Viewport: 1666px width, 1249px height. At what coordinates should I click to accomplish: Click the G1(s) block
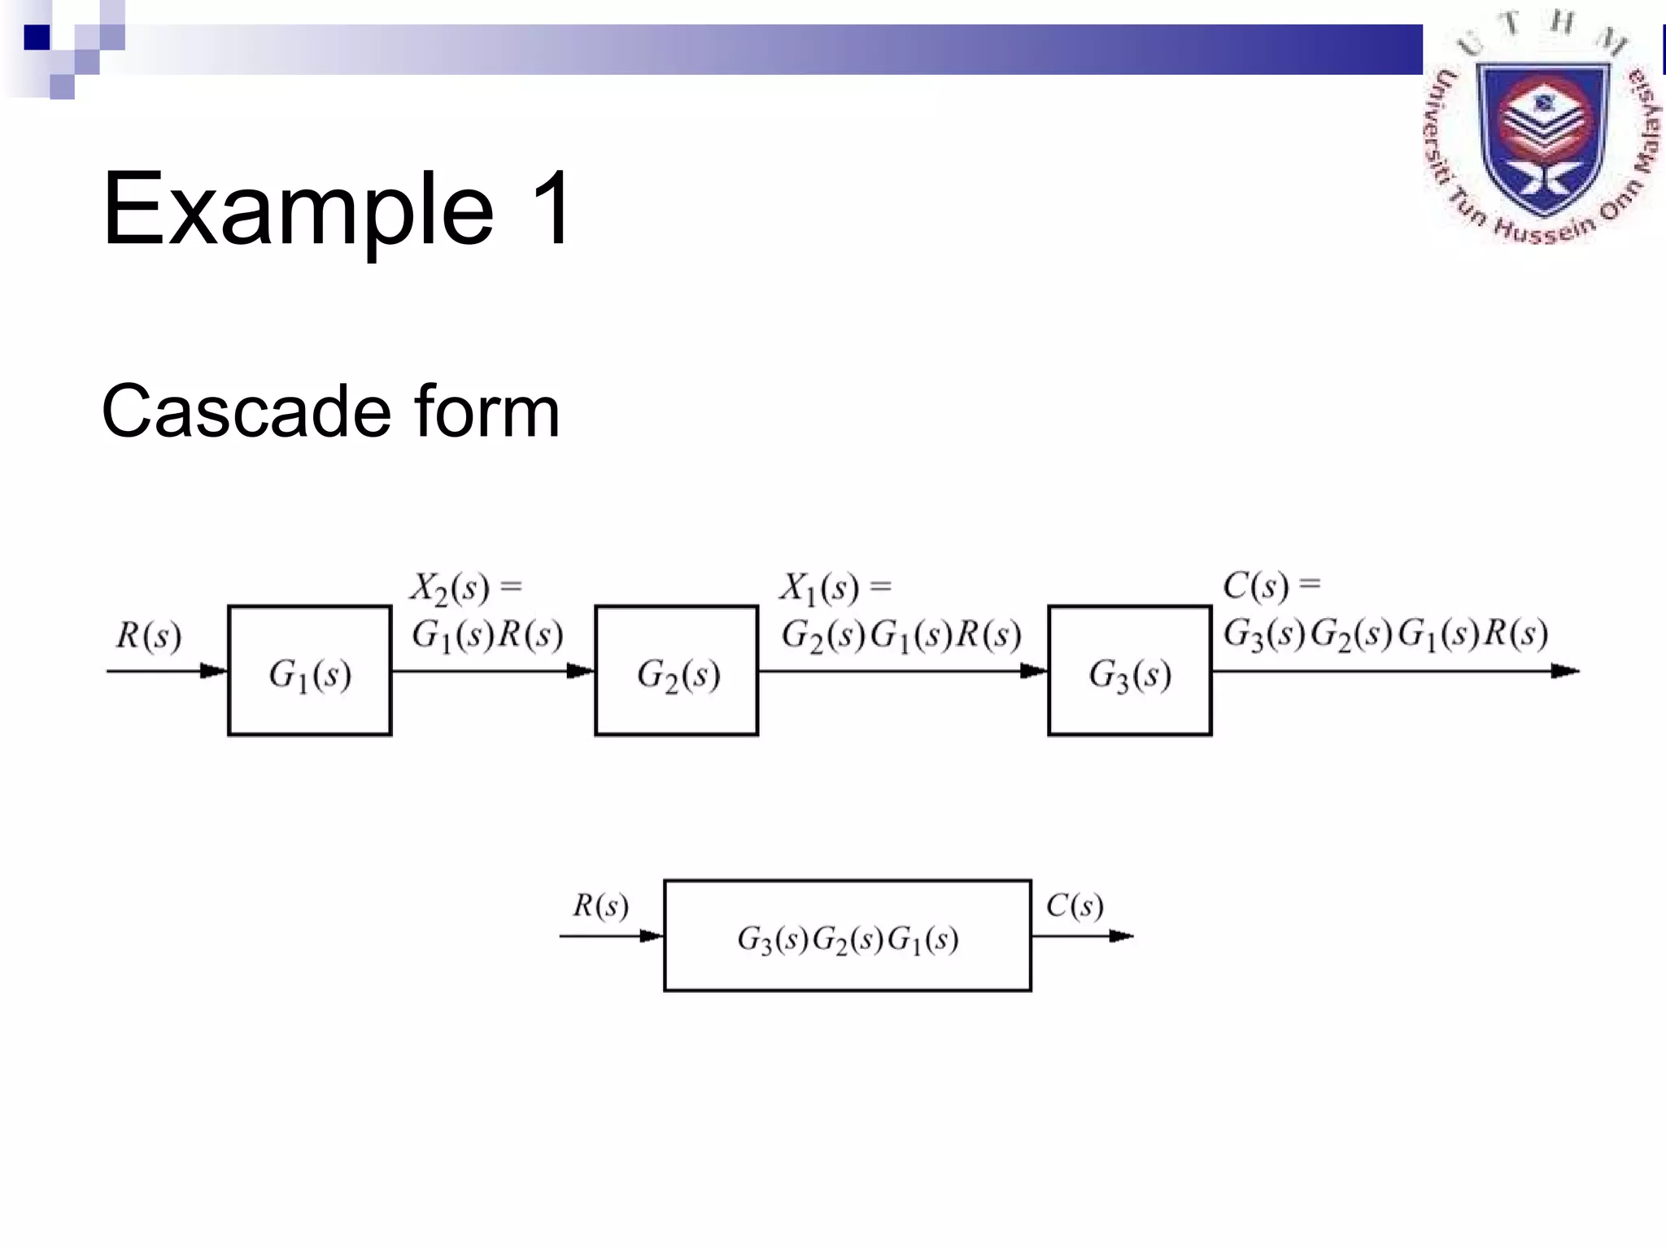(310, 671)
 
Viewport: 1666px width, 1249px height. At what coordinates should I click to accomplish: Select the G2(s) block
(677, 671)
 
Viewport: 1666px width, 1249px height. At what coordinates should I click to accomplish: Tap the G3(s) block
(1130, 671)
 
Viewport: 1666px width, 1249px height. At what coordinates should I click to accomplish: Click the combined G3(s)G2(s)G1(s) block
(848, 936)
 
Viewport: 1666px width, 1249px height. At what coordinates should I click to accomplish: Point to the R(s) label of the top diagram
(148, 636)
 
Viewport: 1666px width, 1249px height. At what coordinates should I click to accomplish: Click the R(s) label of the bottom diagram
(600, 906)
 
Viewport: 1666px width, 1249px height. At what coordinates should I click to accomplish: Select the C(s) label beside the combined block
(1075, 906)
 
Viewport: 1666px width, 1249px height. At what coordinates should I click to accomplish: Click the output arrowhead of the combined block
(1121, 936)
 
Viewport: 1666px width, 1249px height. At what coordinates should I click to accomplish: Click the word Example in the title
(298, 210)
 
